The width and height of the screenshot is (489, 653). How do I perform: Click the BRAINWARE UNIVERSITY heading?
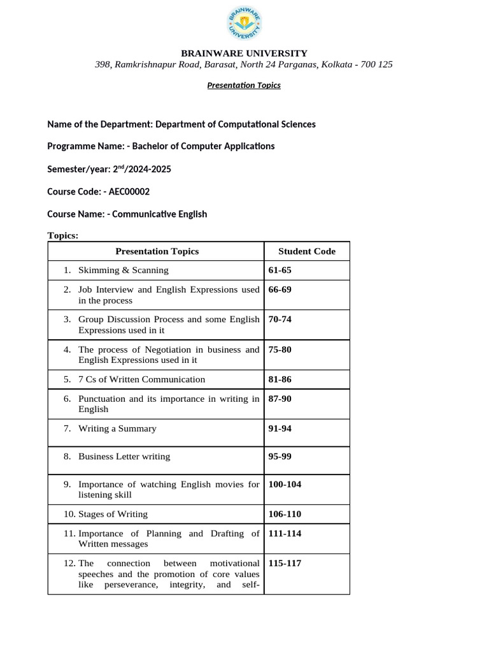coord(244,54)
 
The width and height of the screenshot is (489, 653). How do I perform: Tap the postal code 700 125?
coord(377,64)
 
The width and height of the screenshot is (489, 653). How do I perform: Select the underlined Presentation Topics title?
coord(244,85)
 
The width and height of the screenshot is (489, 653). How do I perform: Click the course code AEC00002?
coord(126,191)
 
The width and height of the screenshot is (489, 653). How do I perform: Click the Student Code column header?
coord(306,251)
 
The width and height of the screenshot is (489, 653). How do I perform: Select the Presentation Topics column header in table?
coord(157,251)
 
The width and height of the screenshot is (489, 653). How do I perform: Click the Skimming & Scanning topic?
coord(123,270)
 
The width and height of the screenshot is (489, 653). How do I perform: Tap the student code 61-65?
coord(280,270)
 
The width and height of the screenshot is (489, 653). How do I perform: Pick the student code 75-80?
coord(280,349)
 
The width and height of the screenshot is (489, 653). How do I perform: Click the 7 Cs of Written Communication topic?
coord(141,379)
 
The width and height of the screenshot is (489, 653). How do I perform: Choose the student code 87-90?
coord(280,399)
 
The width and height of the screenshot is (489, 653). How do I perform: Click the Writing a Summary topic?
coord(117,429)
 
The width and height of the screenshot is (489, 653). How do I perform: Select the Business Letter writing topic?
coord(124,457)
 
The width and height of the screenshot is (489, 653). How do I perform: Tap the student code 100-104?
coord(285,485)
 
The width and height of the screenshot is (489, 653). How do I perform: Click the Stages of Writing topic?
coord(113,514)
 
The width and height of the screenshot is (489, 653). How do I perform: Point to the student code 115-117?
coord(285,564)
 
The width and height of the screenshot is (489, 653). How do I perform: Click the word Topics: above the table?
coord(63,236)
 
